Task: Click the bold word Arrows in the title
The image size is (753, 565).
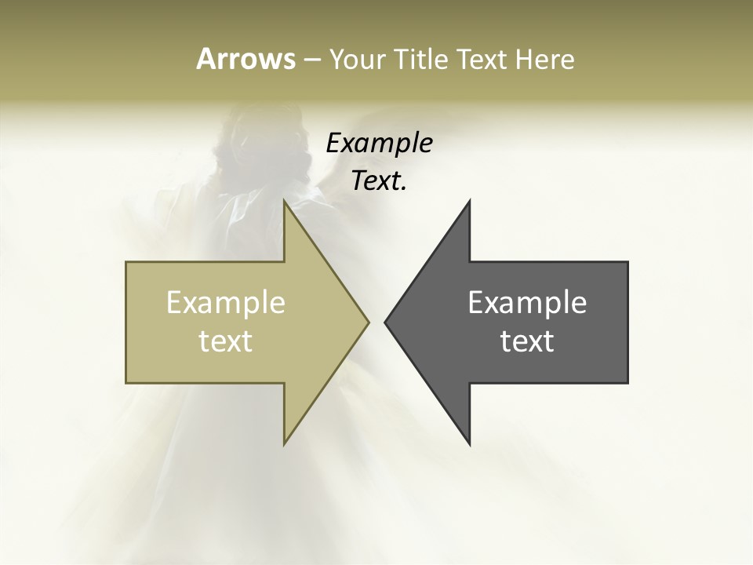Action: tap(245, 59)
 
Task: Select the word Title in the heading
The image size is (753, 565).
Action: tap(421, 59)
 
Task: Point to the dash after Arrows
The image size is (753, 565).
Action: tap(311, 60)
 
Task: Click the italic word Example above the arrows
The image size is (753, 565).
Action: tap(379, 144)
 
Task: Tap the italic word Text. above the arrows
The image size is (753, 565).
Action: tap(377, 181)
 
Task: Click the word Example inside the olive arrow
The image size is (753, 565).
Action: tap(225, 302)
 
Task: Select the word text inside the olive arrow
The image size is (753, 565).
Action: tap(225, 341)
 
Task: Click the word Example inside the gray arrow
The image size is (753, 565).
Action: tap(527, 302)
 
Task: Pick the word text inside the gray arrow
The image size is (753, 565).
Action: tap(527, 341)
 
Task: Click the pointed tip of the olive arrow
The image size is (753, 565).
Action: tap(368, 322)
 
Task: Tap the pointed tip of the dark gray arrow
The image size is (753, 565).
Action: tap(386, 322)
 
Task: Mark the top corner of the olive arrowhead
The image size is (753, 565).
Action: tap(285, 201)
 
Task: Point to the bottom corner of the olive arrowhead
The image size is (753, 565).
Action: tap(285, 443)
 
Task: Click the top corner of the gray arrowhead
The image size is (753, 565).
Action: tap(469, 201)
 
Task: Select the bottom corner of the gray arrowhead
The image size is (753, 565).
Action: tap(469, 443)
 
